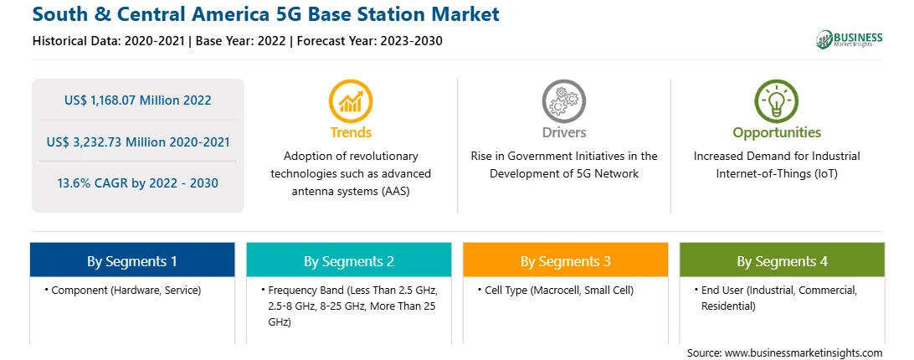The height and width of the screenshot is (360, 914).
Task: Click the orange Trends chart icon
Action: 351,101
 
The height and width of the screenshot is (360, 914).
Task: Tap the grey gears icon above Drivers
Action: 563,101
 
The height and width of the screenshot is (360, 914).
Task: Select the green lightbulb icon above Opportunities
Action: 777,101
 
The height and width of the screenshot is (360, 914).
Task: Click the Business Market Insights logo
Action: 849,39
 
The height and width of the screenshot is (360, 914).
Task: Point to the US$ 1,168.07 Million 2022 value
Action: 138,100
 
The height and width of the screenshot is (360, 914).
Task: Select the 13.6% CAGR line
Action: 138,183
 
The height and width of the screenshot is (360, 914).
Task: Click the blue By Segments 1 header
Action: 132,260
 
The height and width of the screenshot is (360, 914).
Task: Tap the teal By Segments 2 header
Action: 348,260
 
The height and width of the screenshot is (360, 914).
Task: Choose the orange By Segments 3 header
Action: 566,260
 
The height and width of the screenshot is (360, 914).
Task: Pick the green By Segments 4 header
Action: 783,260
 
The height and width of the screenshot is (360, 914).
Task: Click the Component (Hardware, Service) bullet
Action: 122,290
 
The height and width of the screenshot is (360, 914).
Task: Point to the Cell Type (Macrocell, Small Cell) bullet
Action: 556,290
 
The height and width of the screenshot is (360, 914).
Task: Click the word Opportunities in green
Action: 777,132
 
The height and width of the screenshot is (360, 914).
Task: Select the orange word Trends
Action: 351,132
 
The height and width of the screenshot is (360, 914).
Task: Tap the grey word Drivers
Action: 563,132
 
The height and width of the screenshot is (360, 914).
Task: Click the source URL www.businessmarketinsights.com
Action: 804,352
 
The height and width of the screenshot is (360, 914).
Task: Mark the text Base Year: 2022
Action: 241,41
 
